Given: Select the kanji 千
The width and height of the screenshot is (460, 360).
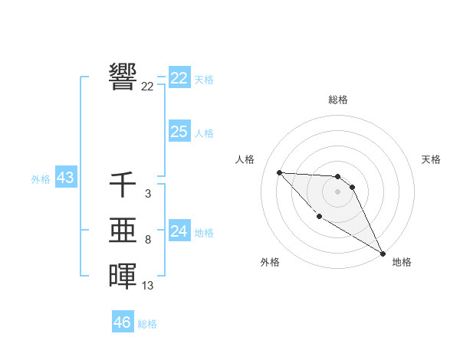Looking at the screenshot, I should pyautogui.click(x=123, y=185).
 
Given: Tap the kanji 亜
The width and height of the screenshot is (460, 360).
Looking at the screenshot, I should pyautogui.click(x=123, y=231).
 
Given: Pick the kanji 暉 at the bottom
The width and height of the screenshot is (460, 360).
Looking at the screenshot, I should pyautogui.click(x=123, y=276).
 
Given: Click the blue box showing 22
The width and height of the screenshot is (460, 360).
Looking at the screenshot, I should pyautogui.click(x=179, y=78).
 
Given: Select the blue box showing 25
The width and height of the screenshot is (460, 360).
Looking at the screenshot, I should pyautogui.click(x=179, y=132).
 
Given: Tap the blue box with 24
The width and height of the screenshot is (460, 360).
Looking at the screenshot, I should pyautogui.click(x=179, y=231).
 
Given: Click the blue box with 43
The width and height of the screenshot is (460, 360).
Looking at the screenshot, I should pyautogui.click(x=65, y=178).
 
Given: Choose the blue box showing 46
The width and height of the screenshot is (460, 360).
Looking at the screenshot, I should pyautogui.click(x=123, y=322).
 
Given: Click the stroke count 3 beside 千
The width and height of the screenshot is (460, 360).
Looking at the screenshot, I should pyautogui.click(x=147, y=195).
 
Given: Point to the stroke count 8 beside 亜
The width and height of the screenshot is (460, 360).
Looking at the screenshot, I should pyautogui.click(x=147, y=240).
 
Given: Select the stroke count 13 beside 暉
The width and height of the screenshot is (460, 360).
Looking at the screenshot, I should pyautogui.click(x=147, y=286).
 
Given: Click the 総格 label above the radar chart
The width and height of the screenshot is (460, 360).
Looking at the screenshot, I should pyautogui.click(x=338, y=100).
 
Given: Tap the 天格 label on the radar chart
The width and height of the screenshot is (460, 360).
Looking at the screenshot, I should pyautogui.click(x=432, y=159).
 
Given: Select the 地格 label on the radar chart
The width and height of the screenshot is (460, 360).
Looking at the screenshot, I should pyautogui.click(x=402, y=262).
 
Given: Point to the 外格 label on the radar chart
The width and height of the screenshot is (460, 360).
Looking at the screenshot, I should pyautogui.click(x=270, y=262).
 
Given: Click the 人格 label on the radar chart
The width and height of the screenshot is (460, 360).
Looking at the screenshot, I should pyautogui.click(x=245, y=159).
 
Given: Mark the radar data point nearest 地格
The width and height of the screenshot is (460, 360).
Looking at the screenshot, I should pyautogui.click(x=383, y=254).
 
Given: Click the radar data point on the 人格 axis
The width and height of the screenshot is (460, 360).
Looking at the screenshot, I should pyautogui.click(x=279, y=172).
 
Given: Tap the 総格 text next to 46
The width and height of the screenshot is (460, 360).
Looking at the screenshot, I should pyautogui.click(x=147, y=323).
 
